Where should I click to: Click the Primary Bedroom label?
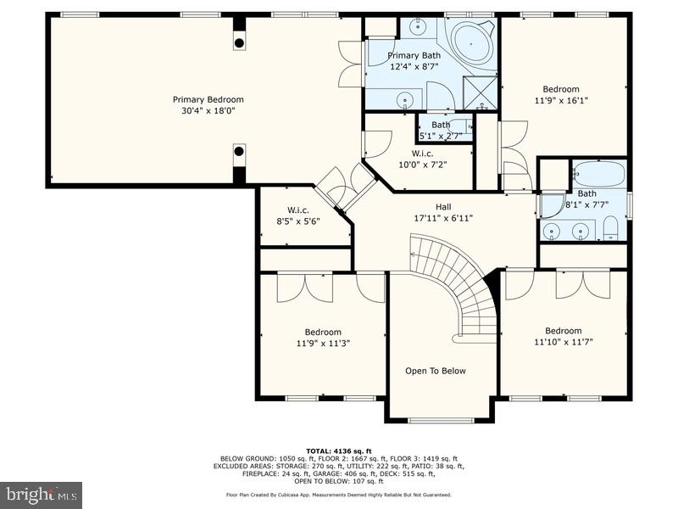208,99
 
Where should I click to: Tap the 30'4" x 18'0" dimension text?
208,110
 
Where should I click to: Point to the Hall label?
443,206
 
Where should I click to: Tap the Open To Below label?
435,371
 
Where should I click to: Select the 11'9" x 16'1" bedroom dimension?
561,100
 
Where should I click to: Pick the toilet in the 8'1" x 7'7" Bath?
610,227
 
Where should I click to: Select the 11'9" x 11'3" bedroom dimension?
323,344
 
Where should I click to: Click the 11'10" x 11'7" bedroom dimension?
564,342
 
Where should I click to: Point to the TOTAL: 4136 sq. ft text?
338,450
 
